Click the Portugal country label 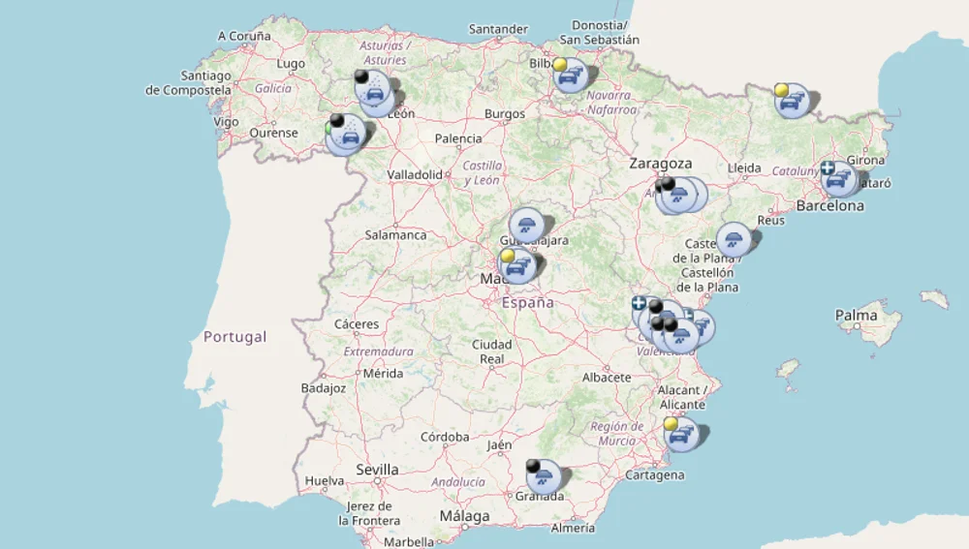pyautogui.click(x=234, y=337)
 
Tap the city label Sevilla pyautogui.click(x=377, y=470)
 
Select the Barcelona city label pyautogui.click(x=829, y=205)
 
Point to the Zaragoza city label pyautogui.click(x=661, y=164)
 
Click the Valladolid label pyautogui.click(x=415, y=174)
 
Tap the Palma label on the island pyautogui.click(x=856, y=315)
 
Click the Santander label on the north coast pyautogui.click(x=498, y=29)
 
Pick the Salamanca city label pyautogui.click(x=395, y=234)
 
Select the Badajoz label pyautogui.click(x=324, y=388)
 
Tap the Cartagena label pyautogui.click(x=655, y=474)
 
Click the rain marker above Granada pyautogui.click(x=545, y=475)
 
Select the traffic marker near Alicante pyautogui.click(x=682, y=435)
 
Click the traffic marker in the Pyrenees pyautogui.click(x=793, y=100)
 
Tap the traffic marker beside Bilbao pyautogui.click(x=571, y=75)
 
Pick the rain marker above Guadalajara pyautogui.click(x=526, y=226)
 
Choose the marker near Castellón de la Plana pyautogui.click(x=734, y=239)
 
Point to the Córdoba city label pyautogui.click(x=445, y=437)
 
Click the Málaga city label pyautogui.click(x=464, y=516)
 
